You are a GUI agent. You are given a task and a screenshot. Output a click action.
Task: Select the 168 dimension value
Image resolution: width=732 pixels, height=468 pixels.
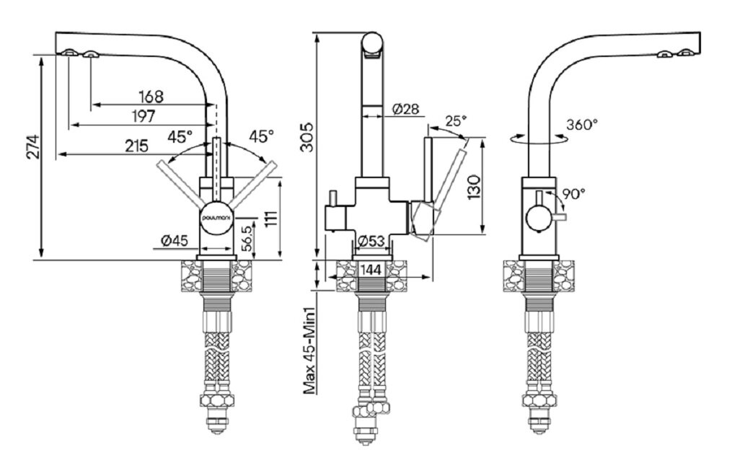(151, 96)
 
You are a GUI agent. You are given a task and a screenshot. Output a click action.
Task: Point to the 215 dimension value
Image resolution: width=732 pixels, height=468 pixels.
(137, 146)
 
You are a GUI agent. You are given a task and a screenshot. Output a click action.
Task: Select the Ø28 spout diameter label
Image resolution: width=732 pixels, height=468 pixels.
(406, 110)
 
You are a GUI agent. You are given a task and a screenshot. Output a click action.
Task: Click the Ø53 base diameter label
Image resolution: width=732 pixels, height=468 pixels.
(371, 242)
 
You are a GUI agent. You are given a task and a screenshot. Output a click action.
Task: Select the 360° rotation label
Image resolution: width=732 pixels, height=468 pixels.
(582, 124)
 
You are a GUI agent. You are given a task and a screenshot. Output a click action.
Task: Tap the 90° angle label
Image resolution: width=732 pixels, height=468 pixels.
(573, 193)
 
